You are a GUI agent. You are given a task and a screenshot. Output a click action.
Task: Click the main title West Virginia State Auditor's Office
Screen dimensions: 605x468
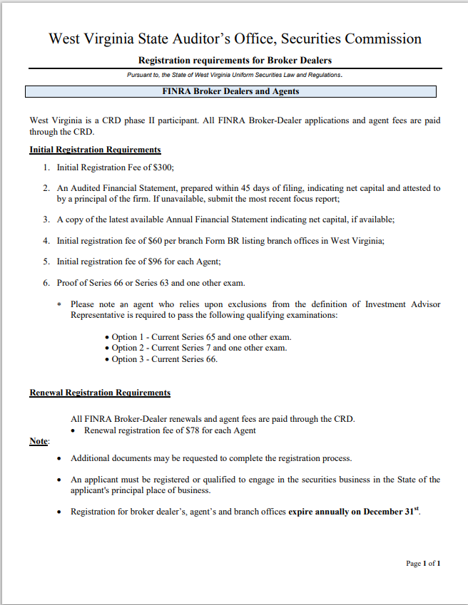(x=235, y=38)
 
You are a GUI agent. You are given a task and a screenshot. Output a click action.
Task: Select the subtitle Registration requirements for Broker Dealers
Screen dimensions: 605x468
(x=235, y=61)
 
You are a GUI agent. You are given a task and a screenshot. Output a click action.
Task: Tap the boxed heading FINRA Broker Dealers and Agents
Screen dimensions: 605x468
(x=230, y=91)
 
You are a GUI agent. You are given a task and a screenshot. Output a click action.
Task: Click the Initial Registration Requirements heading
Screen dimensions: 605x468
(x=95, y=150)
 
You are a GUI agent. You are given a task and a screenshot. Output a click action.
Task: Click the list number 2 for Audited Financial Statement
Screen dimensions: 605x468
(x=46, y=188)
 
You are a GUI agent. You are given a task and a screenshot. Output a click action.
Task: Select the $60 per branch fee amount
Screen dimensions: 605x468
(x=153, y=240)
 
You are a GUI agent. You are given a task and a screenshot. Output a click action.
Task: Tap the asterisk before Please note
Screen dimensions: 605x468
(x=59, y=305)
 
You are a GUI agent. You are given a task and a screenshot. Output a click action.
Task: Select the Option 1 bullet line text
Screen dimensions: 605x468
(x=201, y=337)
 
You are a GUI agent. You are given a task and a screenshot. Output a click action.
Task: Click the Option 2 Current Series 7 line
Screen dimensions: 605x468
(x=199, y=348)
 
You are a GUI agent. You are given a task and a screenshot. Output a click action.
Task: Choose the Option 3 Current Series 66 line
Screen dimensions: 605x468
(x=164, y=359)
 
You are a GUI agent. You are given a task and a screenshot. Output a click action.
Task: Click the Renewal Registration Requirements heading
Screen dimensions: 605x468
(x=100, y=393)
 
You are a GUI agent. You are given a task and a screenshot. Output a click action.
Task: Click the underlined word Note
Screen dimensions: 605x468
(x=39, y=441)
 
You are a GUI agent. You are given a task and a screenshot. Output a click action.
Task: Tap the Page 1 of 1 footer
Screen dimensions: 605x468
(x=423, y=564)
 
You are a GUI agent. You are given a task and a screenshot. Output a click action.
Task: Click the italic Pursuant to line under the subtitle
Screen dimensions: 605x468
(x=235, y=75)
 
